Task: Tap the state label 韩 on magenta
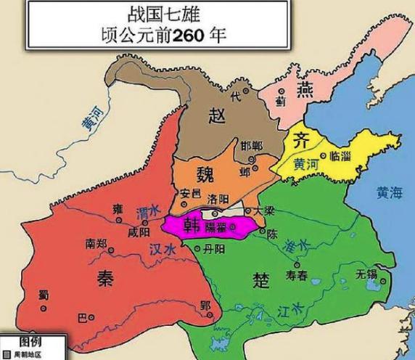pos(193,224)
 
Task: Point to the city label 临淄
pos(342,156)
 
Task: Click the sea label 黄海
pos(390,193)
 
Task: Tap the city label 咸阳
pos(139,232)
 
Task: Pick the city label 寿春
pos(303,274)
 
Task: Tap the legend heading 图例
pos(30,341)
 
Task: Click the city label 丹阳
pos(215,248)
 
